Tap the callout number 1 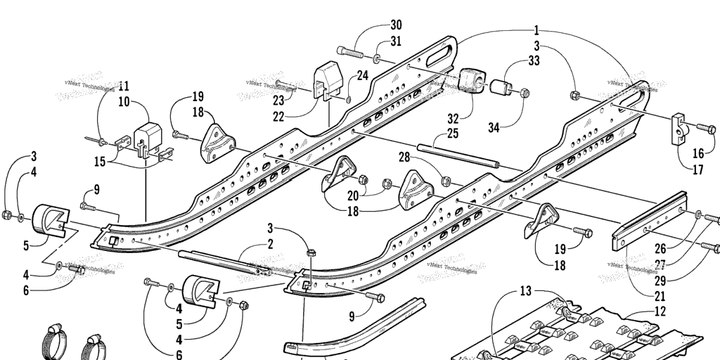coord(536,30)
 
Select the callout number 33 coord(534,61)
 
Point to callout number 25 coord(452,133)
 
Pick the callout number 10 coord(124,102)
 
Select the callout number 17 coord(698,169)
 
